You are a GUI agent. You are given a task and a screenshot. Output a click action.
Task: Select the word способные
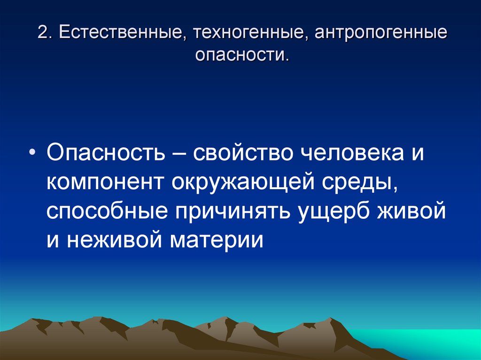pyautogui.click(x=107, y=213)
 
